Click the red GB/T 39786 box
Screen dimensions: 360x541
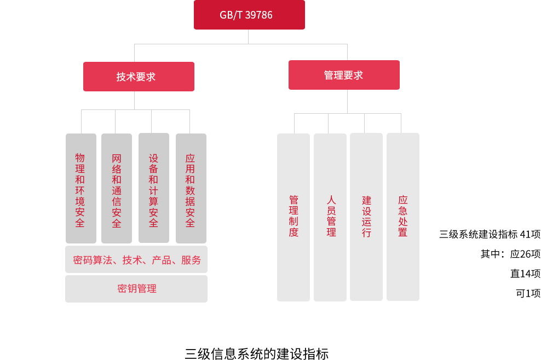pyautogui.click(x=249, y=15)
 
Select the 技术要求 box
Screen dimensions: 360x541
pyautogui.click(x=138, y=77)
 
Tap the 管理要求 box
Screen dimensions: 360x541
pyautogui.click(x=344, y=75)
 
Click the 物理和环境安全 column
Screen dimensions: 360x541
pyautogui.click(x=80, y=189)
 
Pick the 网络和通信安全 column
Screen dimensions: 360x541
pyautogui.click(x=116, y=189)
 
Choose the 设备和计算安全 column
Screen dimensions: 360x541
pyautogui.click(x=153, y=189)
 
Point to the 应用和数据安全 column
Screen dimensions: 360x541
pyautogui.click(x=191, y=189)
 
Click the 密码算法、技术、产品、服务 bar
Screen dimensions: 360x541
pyautogui.click(x=136, y=259)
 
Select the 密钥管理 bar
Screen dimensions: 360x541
pyautogui.click(x=136, y=288)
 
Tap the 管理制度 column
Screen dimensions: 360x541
pyautogui.click(x=293, y=217)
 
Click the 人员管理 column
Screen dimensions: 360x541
pyautogui.click(x=330, y=217)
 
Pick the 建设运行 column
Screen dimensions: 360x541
pyautogui.click(x=366, y=217)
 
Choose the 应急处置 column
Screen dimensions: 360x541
pyautogui.click(x=402, y=217)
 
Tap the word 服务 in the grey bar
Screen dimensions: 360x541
pyautogui.click(x=191, y=260)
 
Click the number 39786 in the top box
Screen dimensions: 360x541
pyautogui.click(x=258, y=15)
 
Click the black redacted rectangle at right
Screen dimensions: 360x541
pyautogui.click(x=490, y=264)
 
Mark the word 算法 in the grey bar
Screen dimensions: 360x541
pyautogui.click(x=102, y=260)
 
